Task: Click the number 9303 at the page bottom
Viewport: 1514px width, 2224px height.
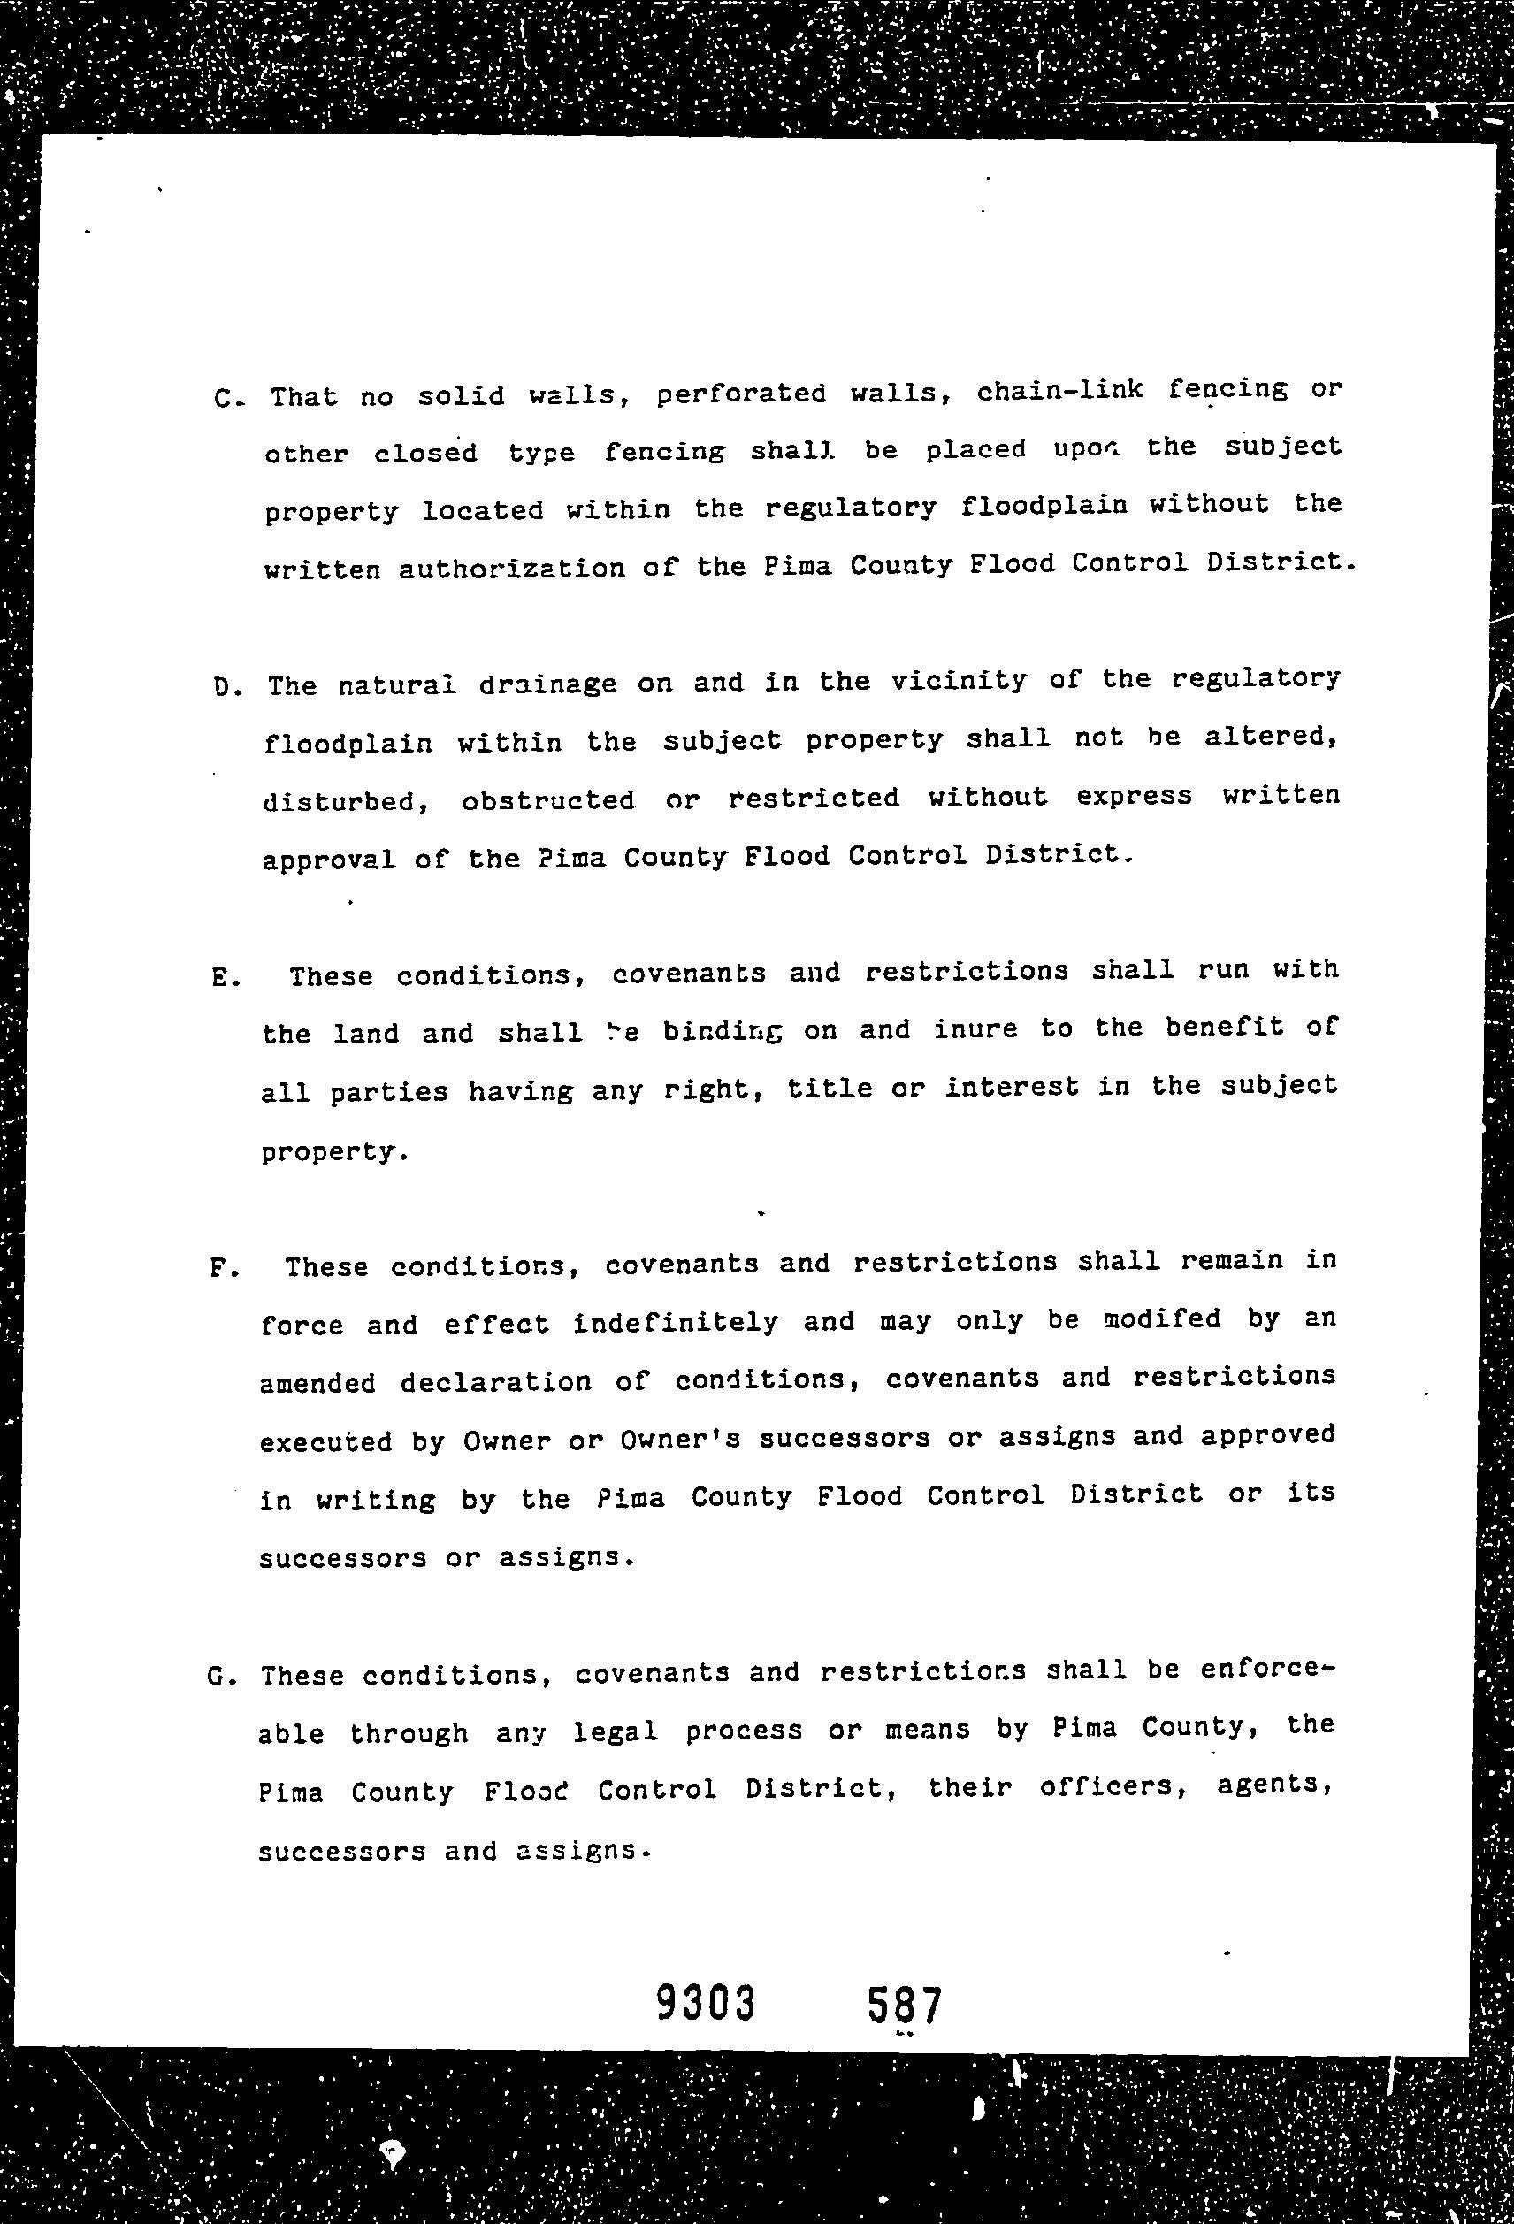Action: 707,2001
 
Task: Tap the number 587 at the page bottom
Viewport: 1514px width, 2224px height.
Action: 905,2004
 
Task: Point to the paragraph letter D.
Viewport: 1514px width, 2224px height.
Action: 226,688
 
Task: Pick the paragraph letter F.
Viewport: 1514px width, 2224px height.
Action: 219,1270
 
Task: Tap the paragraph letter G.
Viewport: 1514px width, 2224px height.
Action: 218,1678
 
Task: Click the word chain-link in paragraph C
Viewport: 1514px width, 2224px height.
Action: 1059,391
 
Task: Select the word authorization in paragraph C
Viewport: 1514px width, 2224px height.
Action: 511,569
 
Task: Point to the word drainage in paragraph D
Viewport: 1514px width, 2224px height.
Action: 547,684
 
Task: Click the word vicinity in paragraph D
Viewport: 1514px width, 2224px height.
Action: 958,680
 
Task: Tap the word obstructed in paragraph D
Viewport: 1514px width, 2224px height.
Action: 547,800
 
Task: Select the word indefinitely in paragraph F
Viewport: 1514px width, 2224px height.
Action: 676,1323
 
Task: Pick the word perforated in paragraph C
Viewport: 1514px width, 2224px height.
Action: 742,394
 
